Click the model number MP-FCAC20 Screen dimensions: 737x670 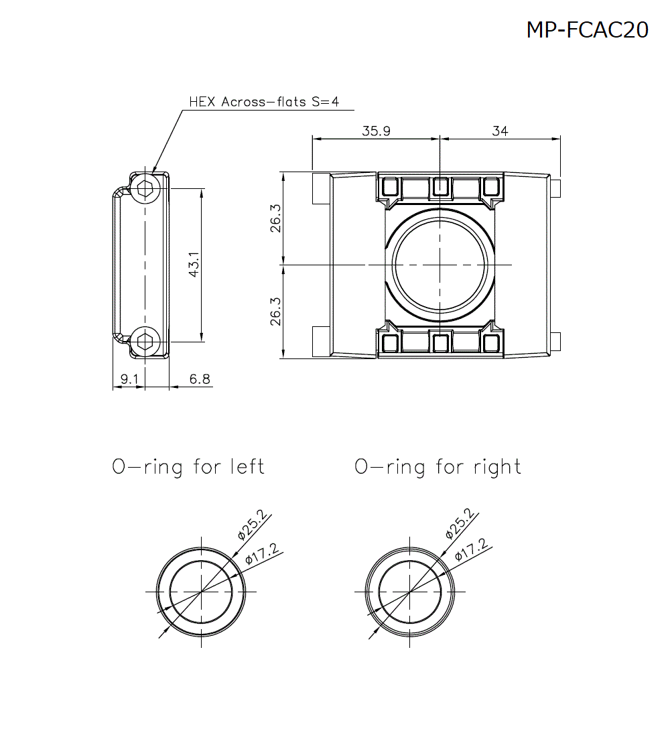point(587,30)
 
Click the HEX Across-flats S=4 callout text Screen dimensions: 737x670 point(264,102)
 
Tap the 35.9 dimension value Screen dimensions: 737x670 point(376,131)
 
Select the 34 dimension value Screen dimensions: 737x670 point(500,131)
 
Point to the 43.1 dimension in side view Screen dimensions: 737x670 point(194,265)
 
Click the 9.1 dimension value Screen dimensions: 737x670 point(128,379)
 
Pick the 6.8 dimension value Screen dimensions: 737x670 point(200,379)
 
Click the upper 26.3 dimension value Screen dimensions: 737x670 point(275,218)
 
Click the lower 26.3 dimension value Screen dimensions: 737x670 point(275,312)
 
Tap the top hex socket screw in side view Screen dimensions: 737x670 point(145,189)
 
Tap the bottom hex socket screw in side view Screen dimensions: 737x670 point(145,342)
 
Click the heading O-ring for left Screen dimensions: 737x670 point(188,466)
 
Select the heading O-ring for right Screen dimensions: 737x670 point(438,466)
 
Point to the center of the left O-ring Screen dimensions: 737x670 point(201,592)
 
